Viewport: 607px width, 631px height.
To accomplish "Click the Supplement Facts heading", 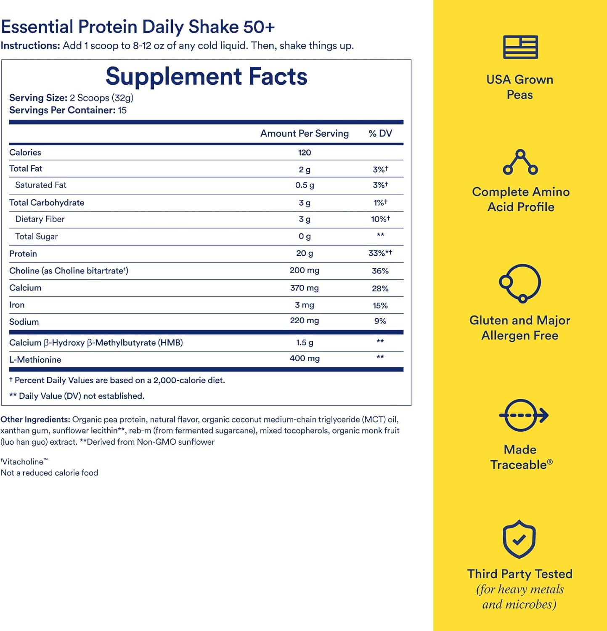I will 206,77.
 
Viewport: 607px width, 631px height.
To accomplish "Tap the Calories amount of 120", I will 304,153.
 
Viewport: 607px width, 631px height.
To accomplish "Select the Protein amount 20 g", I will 304,253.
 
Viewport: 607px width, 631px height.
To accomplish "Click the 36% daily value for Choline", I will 380,271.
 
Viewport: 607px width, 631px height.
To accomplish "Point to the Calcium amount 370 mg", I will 304,288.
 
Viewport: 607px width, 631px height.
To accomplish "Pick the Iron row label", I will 17,305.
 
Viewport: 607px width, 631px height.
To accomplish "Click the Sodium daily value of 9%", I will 380,321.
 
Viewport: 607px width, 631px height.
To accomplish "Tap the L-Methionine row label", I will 35,360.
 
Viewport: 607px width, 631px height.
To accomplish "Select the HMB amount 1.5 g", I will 304,342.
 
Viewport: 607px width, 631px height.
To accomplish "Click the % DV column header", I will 380,133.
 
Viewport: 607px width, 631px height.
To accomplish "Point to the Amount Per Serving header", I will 304,133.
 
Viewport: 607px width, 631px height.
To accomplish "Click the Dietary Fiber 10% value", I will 380,219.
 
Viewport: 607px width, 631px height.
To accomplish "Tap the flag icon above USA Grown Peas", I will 520,47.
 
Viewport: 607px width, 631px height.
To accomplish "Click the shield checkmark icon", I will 519,539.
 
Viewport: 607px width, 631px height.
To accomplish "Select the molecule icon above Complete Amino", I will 520,162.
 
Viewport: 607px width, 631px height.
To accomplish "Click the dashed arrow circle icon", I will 523,415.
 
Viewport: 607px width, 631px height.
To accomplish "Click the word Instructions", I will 30,45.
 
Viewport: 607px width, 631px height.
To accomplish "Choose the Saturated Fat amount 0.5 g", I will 304,185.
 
